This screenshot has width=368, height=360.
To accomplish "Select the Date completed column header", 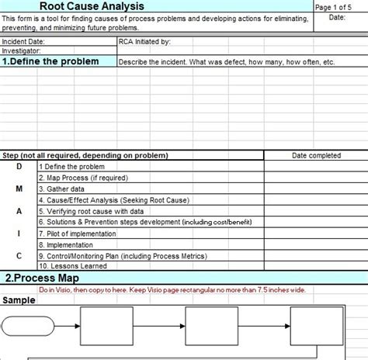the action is pyautogui.click(x=315, y=155).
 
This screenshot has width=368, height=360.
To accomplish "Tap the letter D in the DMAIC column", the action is pyautogui.click(x=19, y=166).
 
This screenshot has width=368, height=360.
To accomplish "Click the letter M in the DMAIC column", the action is pyautogui.click(x=19, y=189).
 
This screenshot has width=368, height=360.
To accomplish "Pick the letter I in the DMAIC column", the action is pyautogui.click(x=19, y=232).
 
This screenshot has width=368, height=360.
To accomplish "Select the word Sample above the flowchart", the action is pyautogui.click(x=19, y=300).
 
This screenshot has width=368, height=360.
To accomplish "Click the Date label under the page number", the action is pyautogui.click(x=338, y=16).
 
